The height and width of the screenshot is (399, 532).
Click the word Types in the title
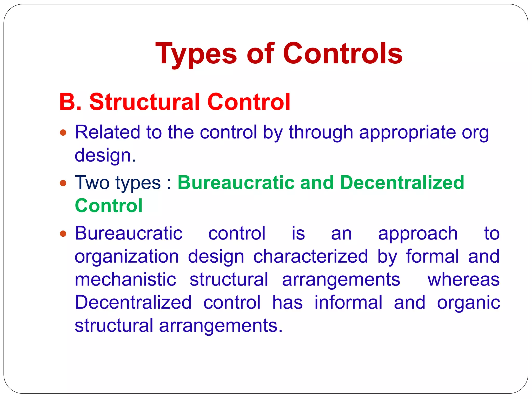(196, 54)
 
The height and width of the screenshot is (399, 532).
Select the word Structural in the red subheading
(144, 102)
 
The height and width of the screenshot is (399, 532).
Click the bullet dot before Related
(63, 133)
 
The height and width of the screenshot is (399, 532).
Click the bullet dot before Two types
(63, 183)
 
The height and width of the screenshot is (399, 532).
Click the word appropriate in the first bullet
(407, 132)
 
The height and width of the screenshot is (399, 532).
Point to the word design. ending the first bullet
(105, 155)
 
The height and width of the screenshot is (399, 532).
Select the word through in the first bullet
(321, 132)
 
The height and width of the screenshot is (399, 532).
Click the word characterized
(310, 257)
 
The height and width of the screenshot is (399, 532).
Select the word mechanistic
(125, 280)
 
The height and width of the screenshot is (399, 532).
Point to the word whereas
(463, 280)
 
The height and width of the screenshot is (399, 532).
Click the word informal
(348, 302)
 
